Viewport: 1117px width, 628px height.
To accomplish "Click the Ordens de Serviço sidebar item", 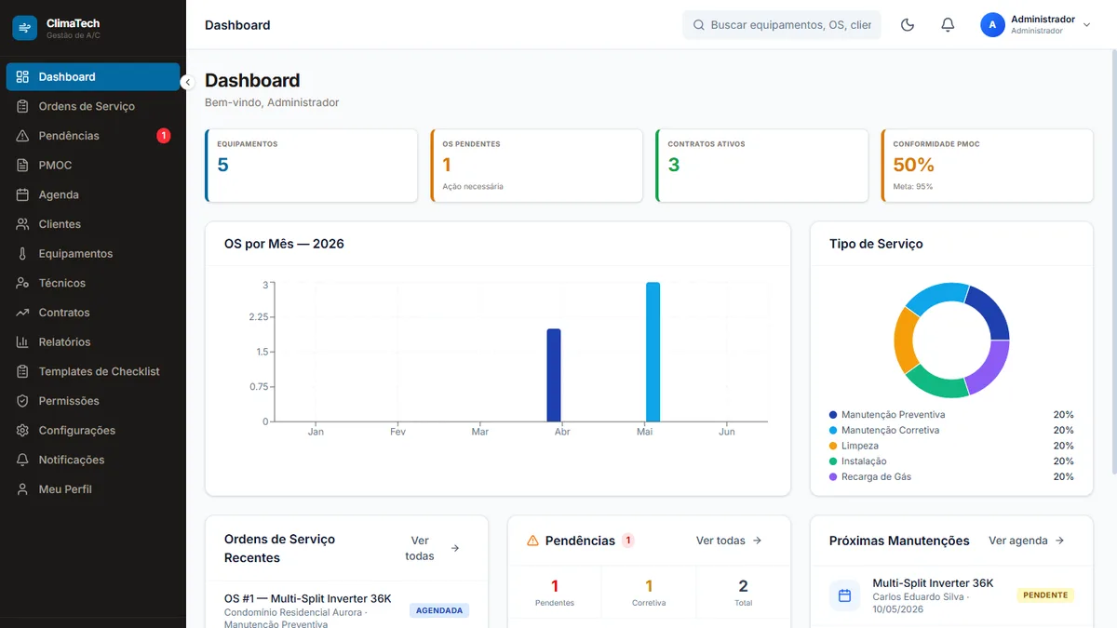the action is point(87,106).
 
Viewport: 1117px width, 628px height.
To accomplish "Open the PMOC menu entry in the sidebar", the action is point(55,165).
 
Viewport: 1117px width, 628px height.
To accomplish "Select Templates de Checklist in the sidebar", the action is point(99,371).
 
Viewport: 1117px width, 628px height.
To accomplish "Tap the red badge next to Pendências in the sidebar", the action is point(163,136).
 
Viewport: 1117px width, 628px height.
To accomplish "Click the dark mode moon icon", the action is point(907,25).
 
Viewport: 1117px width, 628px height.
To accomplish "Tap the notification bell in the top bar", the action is point(948,25).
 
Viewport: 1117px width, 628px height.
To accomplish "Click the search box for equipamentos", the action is point(781,25).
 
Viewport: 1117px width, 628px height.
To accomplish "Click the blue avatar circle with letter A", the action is point(992,25).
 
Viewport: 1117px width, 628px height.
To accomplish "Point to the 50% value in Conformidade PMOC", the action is point(913,165).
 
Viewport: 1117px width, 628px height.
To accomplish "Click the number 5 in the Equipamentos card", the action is point(222,165).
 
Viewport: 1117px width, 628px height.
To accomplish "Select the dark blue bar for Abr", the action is point(554,375).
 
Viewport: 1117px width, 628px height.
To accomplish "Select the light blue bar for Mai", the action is point(653,352).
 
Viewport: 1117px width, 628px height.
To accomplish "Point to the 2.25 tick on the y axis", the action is point(259,317).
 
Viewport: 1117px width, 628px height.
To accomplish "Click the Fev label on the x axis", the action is point(397,432).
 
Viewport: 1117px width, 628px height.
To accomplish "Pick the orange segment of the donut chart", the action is point(905,341).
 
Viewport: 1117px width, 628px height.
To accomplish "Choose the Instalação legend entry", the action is point(864,461).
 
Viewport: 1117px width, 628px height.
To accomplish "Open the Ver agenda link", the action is point(1026,541).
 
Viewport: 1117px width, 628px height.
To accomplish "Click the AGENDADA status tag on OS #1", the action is point(438,610).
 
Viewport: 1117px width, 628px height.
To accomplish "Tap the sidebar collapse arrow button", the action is point(187,82).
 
